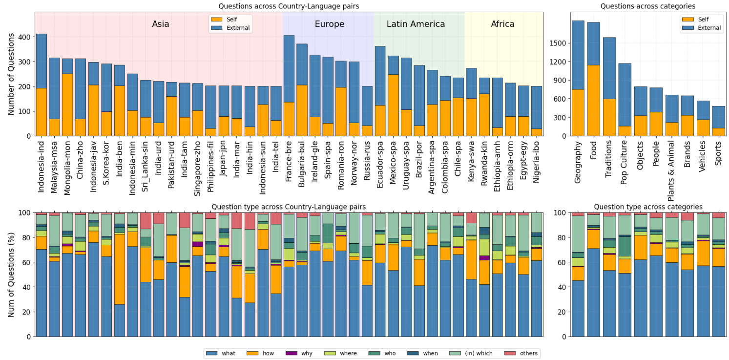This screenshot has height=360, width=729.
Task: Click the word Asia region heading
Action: coord(161,24)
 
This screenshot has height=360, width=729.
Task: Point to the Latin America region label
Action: coord(416,24)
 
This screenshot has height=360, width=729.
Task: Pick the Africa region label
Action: coord(502,24)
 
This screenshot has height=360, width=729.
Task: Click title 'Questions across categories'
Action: coord(647,6)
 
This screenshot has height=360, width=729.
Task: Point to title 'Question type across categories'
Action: coord(648,207)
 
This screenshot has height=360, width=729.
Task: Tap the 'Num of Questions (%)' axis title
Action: coord(11,275)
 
